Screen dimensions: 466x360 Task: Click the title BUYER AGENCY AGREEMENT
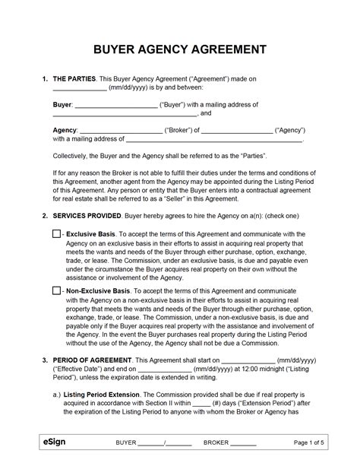click(179, 49)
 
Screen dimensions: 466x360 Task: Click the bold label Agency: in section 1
click(65, 130)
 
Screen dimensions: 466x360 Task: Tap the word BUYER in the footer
click(126, 442)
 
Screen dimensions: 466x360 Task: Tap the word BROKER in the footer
click(216, 442)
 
